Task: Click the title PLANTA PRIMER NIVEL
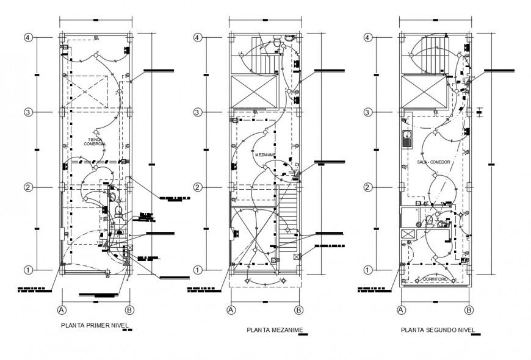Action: (x=95, y=325)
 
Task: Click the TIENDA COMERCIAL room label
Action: (x=95, y=141)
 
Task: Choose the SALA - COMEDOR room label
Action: (x=433, y=162)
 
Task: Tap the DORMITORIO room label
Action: (x=435, y=279)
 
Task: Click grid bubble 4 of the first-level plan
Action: (x=28, y=37)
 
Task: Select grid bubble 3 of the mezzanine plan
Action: (x=197, y=112)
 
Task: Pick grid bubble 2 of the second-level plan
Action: (x=368, y=187)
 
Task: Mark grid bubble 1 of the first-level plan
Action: (x=28, y=269)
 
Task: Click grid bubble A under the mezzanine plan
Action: (x=231, y=309)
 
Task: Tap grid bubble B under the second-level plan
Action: (x=469, y=309)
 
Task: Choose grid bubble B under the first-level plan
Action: (x=129, y=309)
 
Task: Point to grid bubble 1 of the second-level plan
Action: (x=368, y=269)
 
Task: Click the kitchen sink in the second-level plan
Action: (x=406, y=138)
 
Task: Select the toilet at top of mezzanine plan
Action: (x=278, y=42)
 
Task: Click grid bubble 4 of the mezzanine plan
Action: (x=197, y=37)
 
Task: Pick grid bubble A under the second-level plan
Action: (x=402, y=309)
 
